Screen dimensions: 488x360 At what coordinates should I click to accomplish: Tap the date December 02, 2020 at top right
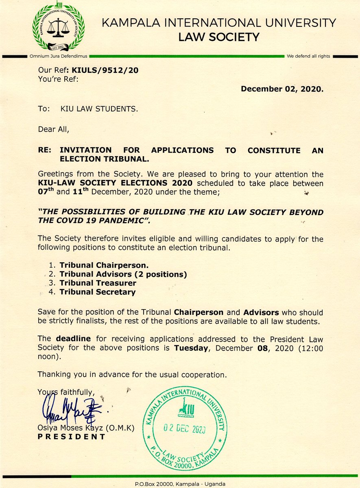pos(282,89)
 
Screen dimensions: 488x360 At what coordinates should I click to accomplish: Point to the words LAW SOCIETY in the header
pos(219,37)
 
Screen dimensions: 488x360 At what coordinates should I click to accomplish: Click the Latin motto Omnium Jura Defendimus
pos(59,56)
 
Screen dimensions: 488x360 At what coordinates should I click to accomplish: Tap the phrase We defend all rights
pos(308,56)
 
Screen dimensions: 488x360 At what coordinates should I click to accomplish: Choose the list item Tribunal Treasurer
pos(98,283)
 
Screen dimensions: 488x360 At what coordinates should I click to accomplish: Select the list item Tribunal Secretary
pos(97,292)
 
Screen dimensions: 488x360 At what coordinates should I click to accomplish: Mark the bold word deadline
pos(68,338)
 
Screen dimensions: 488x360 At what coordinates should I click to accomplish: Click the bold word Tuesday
pos(193,348)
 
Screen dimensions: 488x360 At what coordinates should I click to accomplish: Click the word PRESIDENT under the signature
pos(71,437)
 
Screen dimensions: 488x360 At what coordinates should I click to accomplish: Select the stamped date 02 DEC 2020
pos(184,429)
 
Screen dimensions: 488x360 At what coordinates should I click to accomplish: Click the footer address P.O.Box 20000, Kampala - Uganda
pos(180,484)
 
